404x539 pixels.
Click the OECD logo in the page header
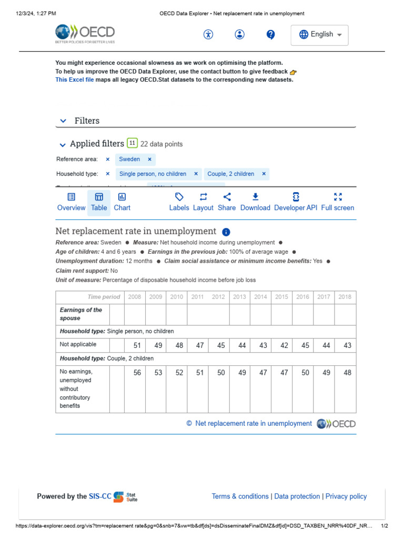click(85, 34)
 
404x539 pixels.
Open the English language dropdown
click(320, 35)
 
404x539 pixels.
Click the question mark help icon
click(270, 35)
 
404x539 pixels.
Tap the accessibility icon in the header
click(208, 35)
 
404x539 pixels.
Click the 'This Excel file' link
click(75, 80)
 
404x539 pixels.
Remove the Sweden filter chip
click(149, 159)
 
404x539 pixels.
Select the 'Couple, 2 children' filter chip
click(230, 174)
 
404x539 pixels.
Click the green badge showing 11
click(132, 143)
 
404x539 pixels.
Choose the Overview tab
click(71, 202)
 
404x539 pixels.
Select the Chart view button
click(122, 202)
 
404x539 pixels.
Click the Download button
click(255, 202)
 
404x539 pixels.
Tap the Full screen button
click(338, 202)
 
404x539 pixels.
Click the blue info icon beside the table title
click(226, 232)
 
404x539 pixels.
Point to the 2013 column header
click(239, 297)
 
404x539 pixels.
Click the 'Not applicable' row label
click(78, 344)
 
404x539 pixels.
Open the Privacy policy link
click(346, 496)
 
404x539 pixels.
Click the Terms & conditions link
click(240, 496)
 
